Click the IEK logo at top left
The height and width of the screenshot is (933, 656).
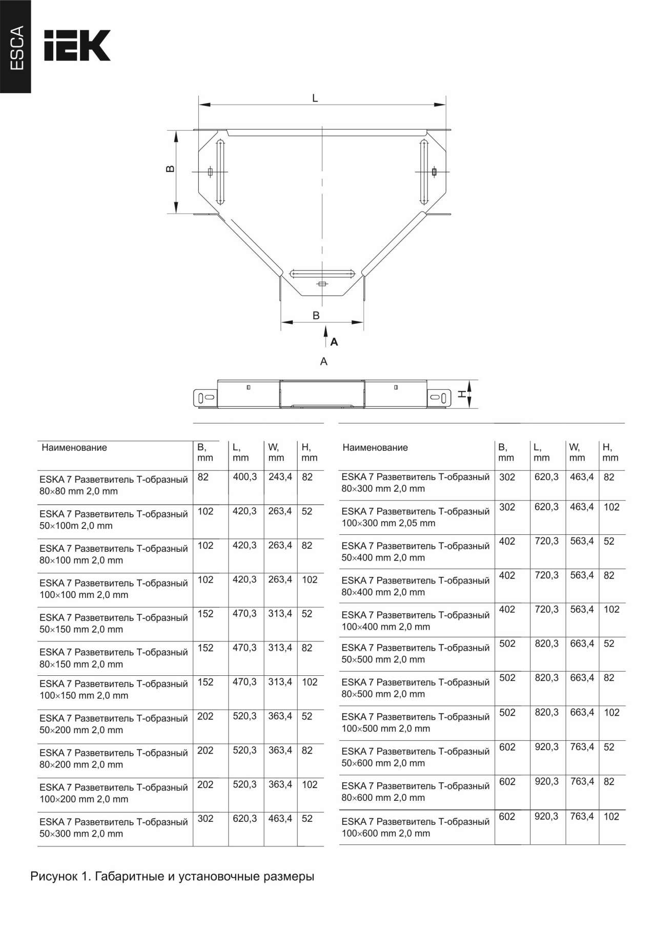click(x=77, y=46)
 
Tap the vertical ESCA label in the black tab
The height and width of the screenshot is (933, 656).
click(x=16, y=48)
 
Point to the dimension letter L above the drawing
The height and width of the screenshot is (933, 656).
click(x=315, y=98)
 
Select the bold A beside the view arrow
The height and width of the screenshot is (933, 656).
click(x=334, y=342)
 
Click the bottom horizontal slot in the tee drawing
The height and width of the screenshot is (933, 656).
click(x=322, y=273)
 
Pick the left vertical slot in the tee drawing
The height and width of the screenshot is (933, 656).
click(x=220, y=171)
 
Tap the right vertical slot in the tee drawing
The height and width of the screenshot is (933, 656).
click(x=424, y=171)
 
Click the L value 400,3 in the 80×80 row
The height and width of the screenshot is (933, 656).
click(x=245, y=477)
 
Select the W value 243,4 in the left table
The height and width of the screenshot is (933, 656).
click(x=280, y=477)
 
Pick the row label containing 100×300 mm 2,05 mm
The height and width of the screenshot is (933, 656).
click(x=416, y=517)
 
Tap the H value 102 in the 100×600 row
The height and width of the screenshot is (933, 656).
click(x=611, y=817)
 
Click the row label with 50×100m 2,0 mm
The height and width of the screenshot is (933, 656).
click(x=114, y=520)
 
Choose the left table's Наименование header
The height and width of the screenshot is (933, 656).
click(x=74, y=447)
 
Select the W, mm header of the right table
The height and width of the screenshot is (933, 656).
click(x=577, y=452)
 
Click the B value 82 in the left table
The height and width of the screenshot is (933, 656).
click(x=203, y=477)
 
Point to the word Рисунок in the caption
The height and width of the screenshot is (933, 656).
click(x=53, y=876)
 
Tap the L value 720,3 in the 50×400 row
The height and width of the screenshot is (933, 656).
click(x=546, y=541)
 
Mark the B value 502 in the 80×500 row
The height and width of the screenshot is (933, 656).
click(x=507, y=678)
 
